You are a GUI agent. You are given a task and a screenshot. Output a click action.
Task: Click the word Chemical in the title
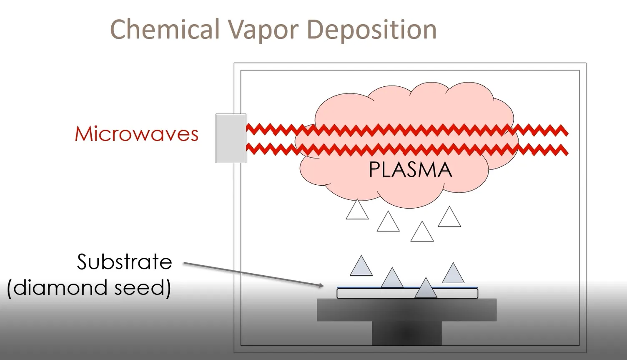[x=165, y=30]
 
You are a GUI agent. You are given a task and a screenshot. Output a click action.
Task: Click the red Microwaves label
[x=137, y=134]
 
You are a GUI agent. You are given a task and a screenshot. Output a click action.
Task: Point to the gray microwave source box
[x=231, y=138]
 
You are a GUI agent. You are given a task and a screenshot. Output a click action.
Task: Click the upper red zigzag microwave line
[x=407, y=130]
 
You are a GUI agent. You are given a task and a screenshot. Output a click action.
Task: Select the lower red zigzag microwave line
[x=407, y=149]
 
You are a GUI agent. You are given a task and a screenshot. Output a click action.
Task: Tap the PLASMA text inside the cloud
[x=410, y=169]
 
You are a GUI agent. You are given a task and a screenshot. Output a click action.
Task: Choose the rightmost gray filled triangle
[x=453, y=273]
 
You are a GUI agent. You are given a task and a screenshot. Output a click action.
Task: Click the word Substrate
[x=125, y=262]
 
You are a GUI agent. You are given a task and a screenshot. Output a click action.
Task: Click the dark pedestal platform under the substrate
[x=407, y=310]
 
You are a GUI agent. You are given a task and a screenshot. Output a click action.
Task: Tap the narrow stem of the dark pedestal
[x=407, y=333]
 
